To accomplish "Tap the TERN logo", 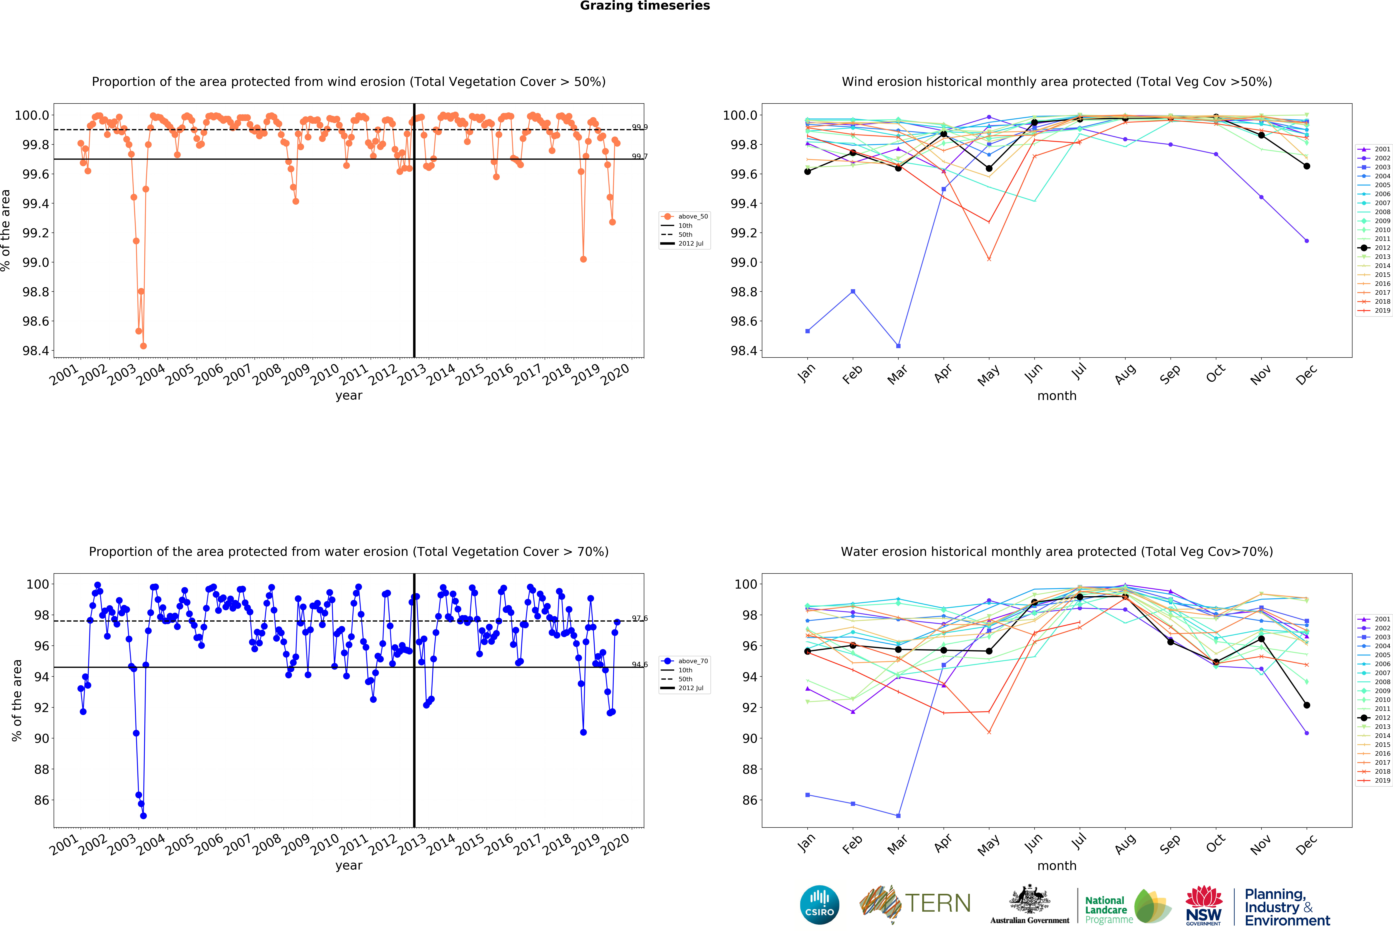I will pos(915,904).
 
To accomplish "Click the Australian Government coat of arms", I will pos(1029,899).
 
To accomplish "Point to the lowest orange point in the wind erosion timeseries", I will pos(143,346).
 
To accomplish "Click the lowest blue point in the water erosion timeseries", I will pos(143,816).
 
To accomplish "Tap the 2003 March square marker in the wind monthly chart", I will pos(898,346).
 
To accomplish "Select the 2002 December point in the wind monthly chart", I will pos(1307,241).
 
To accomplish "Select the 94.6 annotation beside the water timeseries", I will pos(640,664).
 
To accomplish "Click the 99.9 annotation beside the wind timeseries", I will pos(640,127).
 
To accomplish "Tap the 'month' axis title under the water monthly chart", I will pos(1057,865).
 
